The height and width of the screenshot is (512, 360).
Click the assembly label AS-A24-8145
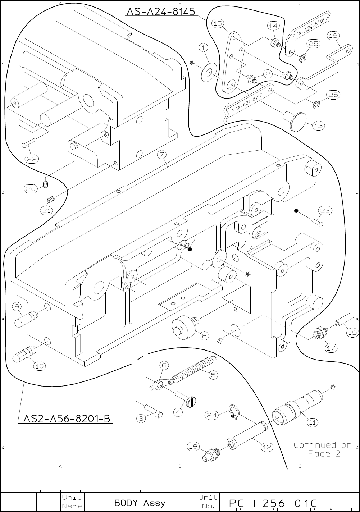coord(160,12)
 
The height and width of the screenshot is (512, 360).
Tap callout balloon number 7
coord(162,155)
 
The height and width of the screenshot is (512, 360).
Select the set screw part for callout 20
coord(46,185)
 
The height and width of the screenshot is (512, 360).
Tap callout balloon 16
coord(333,35)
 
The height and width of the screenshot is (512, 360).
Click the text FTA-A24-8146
coord(309,29)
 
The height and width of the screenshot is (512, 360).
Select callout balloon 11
coord(313,422)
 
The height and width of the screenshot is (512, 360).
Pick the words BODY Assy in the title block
coord(140,503)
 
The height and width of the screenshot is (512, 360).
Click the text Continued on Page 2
coord(323,449)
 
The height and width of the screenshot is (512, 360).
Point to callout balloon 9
coord(18,307)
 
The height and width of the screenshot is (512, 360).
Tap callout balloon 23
coord(325,211)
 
